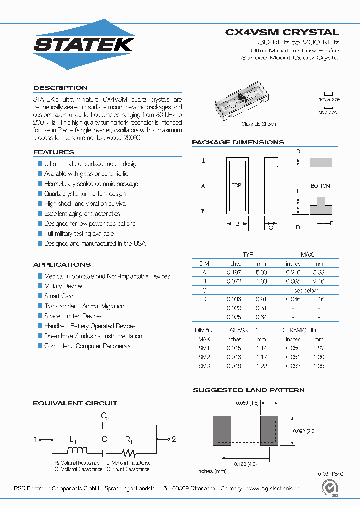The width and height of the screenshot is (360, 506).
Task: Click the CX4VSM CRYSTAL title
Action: pos(282,32)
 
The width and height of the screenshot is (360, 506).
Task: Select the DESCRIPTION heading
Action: pos(60,88)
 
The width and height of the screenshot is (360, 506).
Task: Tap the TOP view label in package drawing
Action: pos(236,185)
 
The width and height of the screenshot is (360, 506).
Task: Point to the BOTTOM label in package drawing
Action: pos(320,186)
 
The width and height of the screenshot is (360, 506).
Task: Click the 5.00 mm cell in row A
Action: pos(261,272)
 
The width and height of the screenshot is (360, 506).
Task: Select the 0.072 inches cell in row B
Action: pos(234,281)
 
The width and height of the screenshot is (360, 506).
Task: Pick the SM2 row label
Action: pos(204,357)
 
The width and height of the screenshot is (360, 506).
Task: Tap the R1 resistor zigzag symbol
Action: pos(129,452)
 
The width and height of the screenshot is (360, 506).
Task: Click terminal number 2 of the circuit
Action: pos(174,439)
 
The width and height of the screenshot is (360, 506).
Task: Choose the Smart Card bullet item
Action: pos(59,296)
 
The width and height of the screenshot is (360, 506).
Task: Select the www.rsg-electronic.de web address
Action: pos(274,488)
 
